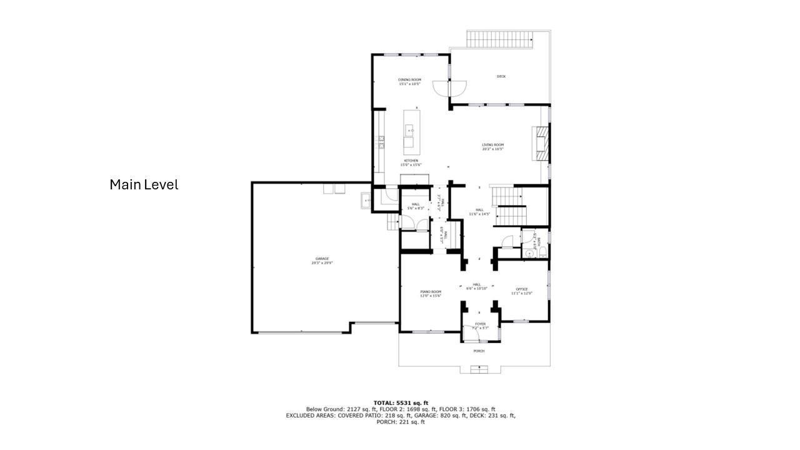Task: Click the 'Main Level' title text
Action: click(x=144, y=185)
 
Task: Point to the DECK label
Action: click(x=501, y=76)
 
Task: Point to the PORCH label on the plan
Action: click(x=479, y=351)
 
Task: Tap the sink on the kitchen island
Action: click(x=409, y=131)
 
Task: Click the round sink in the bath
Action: click(x=529, y=254)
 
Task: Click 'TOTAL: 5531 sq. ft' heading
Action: click(x=401, y=402)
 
